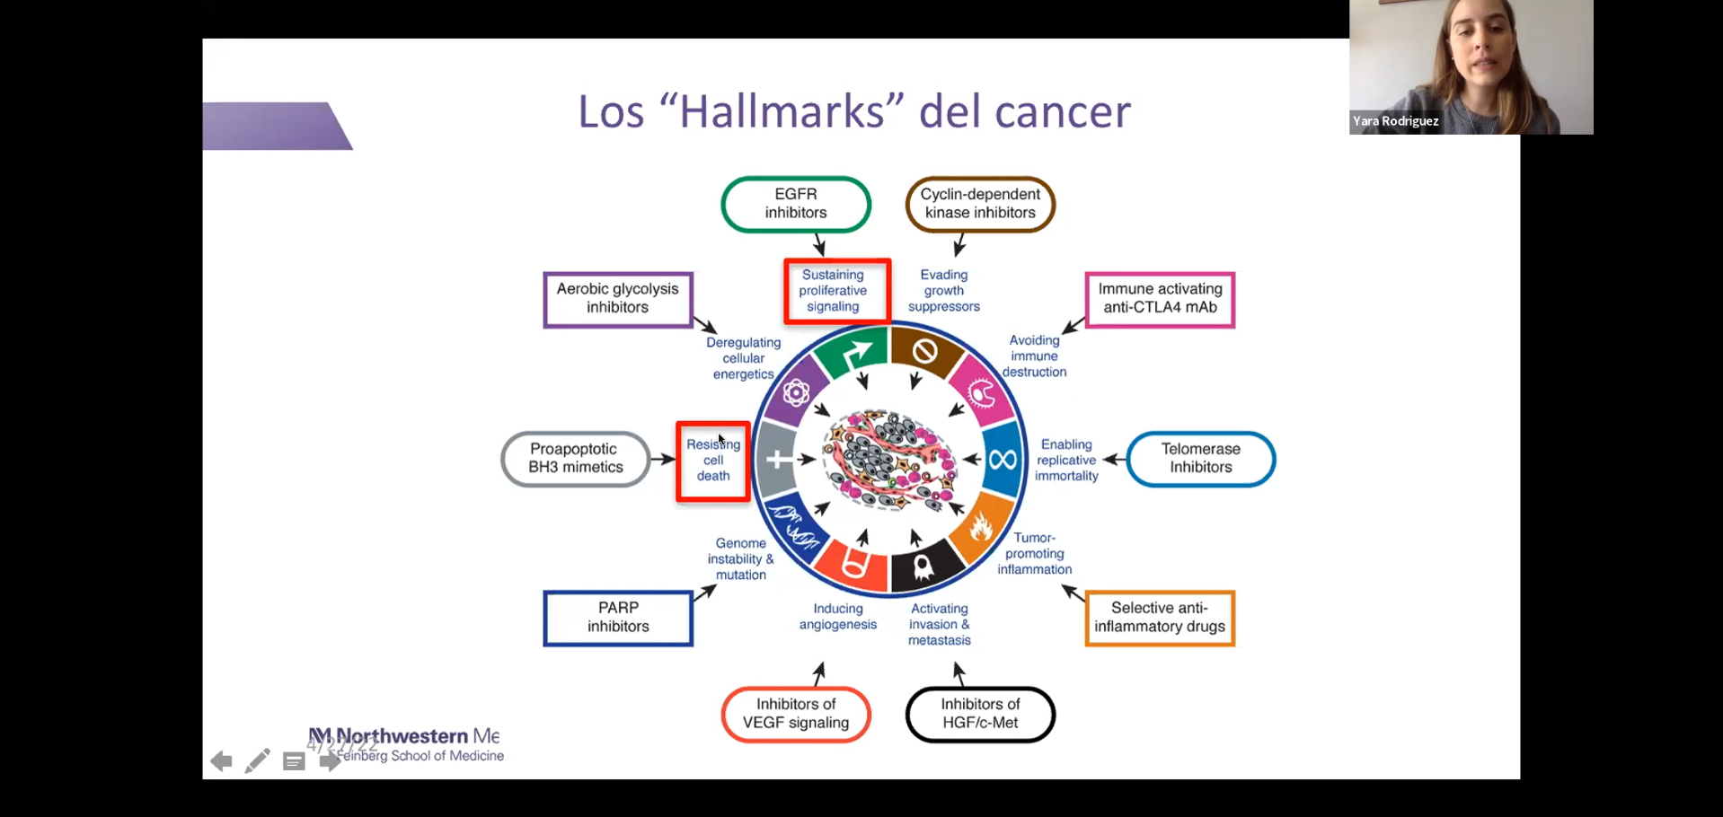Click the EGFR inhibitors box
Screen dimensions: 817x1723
(x=796, y=204)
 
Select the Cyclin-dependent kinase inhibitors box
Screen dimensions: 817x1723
(x=980, y=204)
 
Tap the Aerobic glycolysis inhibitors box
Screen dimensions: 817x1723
(x=618, y=299)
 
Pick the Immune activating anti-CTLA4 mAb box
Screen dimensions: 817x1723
(x=1160, y=299)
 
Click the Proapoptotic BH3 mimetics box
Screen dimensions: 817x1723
(x=576, y=459)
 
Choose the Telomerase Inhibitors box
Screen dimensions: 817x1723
(x=1200, y=459)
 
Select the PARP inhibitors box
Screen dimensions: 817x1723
(x=618, y=618)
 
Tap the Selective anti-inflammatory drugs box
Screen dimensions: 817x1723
(x=1160, y=618)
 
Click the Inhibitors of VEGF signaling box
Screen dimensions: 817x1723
(x=796, y=714)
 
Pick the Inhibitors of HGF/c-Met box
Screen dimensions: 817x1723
(x=980, y=714)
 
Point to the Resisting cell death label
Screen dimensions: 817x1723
(x=713, y=461)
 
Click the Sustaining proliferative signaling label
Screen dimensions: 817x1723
(x=836, y=291)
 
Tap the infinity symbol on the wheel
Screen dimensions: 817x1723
(x=1003, y=460)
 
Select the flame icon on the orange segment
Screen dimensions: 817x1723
(x=980, y=527)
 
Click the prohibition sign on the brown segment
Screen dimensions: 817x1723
(x=924, y=351)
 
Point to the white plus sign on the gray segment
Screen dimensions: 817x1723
(x=777, y=460)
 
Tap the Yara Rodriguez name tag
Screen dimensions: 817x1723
(x=1396, y=121)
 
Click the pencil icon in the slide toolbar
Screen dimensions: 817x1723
(x=257, y=761)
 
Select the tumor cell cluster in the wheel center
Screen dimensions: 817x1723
(x=889, y=460)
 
